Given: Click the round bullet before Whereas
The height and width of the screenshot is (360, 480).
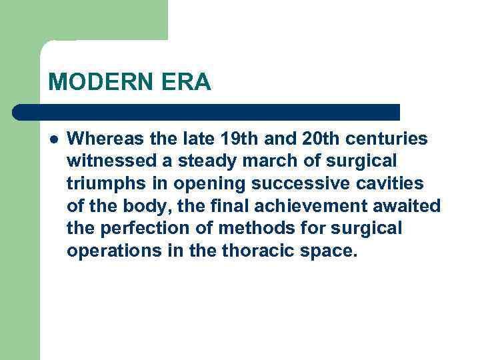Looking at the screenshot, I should coord(53,139).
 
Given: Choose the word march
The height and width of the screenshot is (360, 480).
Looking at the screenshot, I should coord(261,161).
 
